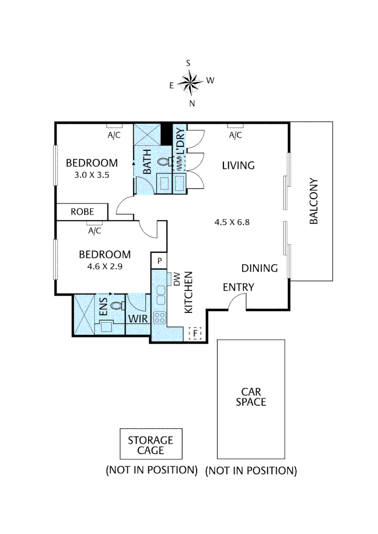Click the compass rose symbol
tap(190, 82)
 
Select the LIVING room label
tap(238, 165)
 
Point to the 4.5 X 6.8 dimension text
tap(231, 222)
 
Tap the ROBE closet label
tap(82, 212)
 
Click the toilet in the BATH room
tap(163, 161)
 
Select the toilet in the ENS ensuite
tap(116, 306)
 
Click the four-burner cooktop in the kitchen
tap(160, 317)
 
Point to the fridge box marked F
tap(196, 334)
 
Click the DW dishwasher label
tap(177, 281)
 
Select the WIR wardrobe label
tap(138, 319)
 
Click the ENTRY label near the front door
tap(238, 287)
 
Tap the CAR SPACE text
tap(251, 397)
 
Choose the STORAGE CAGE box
tap(150, 445)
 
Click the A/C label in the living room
tap(235, 135)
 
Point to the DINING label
tap(259, 268)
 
